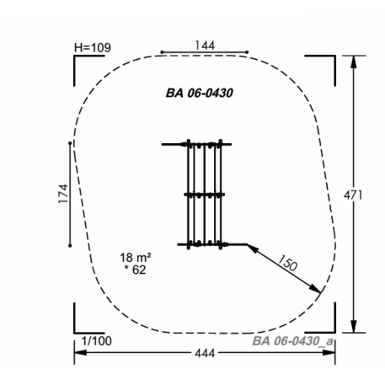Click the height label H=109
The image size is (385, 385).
coord(93,48)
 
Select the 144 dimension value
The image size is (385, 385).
coord(205,45)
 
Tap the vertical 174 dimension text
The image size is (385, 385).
coord(63,194)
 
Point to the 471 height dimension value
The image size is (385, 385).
coord(353,195)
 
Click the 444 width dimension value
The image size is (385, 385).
coord(205,353)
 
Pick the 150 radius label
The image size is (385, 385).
coord(287,263)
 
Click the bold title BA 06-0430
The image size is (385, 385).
coord(200,93)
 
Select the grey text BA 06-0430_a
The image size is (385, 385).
coord(293,341)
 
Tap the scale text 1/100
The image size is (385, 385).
coord(97,341)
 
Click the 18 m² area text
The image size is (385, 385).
coord(136,257)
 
